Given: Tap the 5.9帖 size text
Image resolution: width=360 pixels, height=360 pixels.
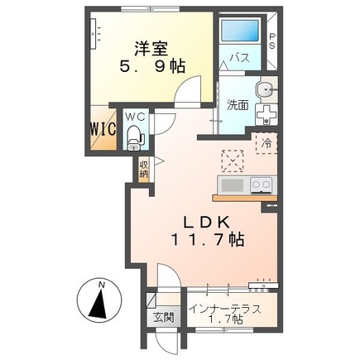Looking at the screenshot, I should [155, 68].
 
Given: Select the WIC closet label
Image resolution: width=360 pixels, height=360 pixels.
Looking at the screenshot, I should [103, 130].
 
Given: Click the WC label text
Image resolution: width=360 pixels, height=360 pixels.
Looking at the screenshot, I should [135, 117].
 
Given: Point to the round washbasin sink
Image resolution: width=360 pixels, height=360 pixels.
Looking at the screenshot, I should [263, 89].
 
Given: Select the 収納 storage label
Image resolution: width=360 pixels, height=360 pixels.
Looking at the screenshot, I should [144, 169].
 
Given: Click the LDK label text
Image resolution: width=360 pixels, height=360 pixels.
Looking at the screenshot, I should [207, 222].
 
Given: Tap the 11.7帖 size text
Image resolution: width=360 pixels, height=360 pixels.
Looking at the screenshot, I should [207, 241].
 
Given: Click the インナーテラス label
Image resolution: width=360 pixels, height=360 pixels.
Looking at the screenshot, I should [225, 309].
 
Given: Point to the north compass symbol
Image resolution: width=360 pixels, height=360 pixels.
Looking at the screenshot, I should [99, 302].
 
